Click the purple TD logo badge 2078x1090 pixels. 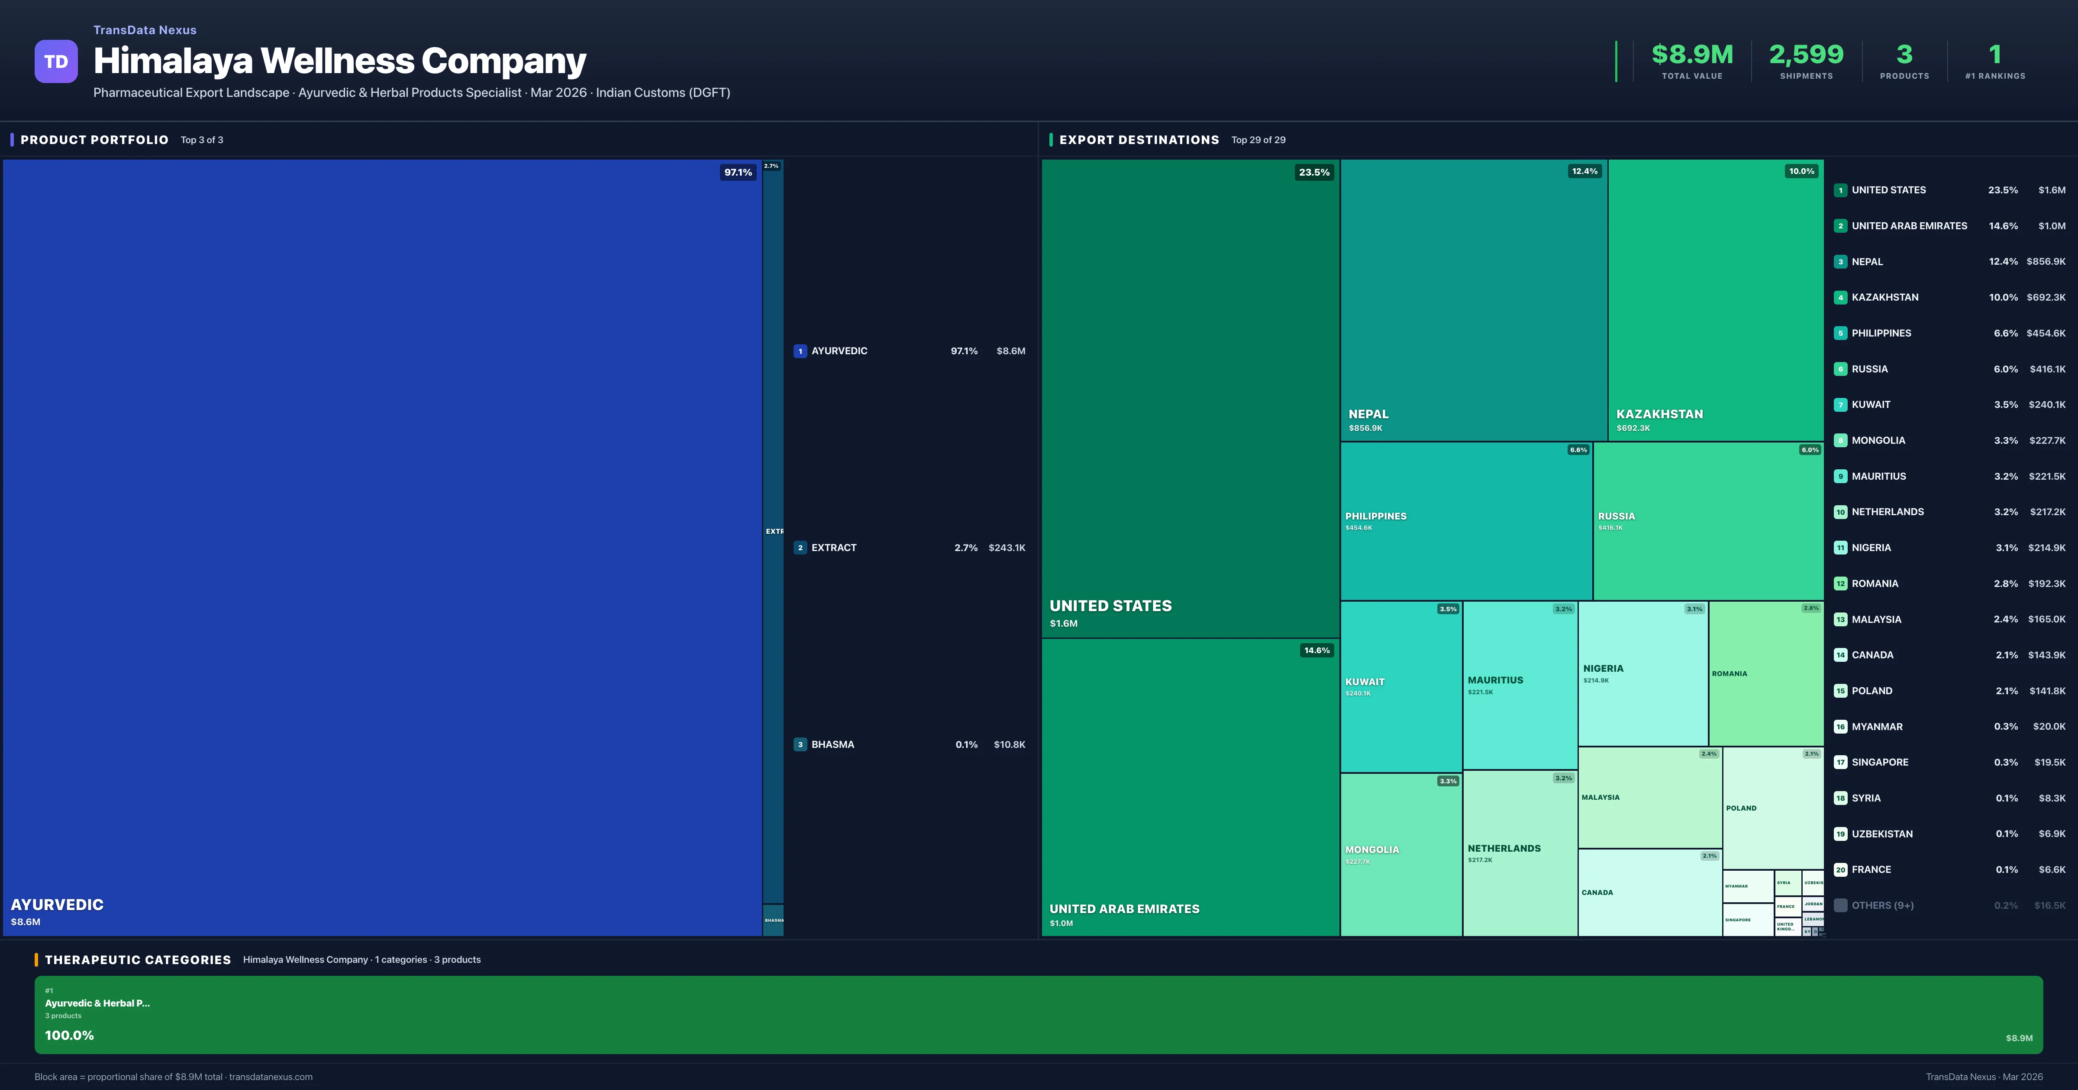click(56, 61)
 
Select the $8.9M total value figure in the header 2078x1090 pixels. click(1691, 55)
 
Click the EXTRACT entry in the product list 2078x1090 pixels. click(833, 548)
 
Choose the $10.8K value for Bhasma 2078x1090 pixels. click(1009, 744)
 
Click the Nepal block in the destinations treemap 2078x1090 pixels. click(1473, 298)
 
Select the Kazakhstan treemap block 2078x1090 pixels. click(1715, 298)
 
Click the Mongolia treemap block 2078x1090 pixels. click(1400, 855)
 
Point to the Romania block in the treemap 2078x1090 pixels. click(1765, 673)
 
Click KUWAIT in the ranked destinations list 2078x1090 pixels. click(1871, 405)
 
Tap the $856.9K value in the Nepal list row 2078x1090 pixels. click(2045, 261)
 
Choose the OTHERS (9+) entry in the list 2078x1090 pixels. click(1882, 905)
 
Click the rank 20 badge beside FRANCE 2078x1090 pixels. click(1840, 870)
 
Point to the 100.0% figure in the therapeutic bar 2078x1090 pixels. click(69, 1035)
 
